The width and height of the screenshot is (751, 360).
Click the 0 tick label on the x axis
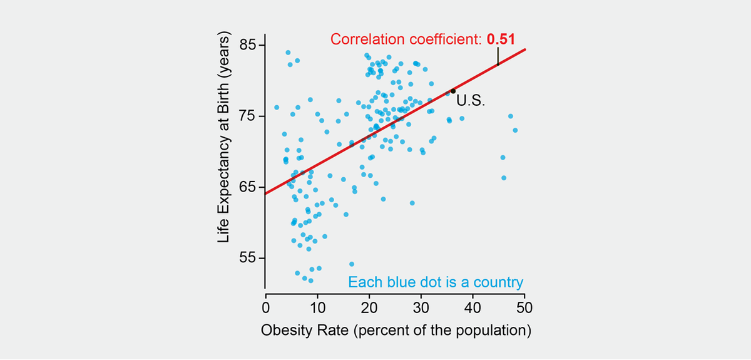coord(266,307)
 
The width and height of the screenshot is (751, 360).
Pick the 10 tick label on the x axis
coord(317,307)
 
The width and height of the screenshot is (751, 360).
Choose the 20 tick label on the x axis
coord(369,307)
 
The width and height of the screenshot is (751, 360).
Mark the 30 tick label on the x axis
coord(421,307)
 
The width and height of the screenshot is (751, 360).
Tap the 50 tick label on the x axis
coord(524,307)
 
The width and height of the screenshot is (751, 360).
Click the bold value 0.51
coord(501,39)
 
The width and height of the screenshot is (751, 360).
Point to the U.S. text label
coord(470,101)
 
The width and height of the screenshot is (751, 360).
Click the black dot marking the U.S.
coord(453,91)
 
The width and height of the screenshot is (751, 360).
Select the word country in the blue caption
coord(501,282)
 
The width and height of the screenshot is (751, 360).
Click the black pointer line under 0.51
coord(498,56)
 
